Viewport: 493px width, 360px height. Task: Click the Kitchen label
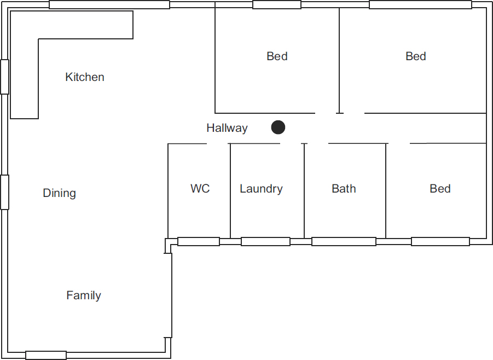point(85,77)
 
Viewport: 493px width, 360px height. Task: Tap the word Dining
point(60,193)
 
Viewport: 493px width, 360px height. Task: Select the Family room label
point(84,295)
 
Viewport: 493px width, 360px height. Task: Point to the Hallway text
point(227,128)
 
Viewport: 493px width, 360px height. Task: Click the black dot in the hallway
point(278,127)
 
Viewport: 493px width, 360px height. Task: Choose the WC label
point(200,189)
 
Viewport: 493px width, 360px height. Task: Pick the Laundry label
point(261,189)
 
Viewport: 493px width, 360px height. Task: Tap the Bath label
point(344,189)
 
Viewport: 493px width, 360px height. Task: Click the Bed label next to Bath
point(440,189)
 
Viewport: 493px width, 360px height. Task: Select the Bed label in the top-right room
point(416,56)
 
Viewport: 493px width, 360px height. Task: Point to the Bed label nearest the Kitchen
point(277,56)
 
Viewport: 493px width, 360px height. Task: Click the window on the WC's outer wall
point(199,241)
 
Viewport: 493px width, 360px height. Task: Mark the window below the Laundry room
point(265,241)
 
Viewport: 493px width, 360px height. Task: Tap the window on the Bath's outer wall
point(344,241)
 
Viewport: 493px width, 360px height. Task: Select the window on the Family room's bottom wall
point(46,355)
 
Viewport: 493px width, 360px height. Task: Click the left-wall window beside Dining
point(4,192)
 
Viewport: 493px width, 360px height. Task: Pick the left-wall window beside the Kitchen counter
point(4,77)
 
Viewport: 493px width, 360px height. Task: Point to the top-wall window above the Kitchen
point(109,4)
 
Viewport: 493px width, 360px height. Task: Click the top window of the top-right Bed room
point(420,4)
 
